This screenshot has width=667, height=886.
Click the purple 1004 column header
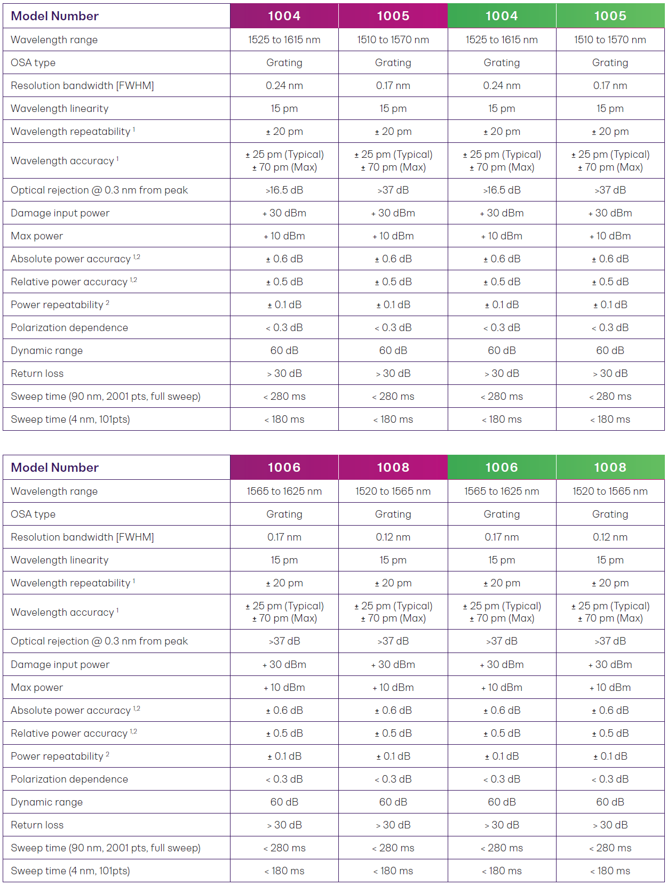tap(284, 16)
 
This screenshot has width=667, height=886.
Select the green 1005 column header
tap(610, 16)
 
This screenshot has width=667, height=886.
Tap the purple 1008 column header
tap(393, 468)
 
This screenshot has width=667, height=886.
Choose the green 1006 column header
tap(502, 468)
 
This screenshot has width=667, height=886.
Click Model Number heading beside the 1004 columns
tap(55, 16)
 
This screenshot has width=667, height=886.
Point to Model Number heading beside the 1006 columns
tap(55, 468)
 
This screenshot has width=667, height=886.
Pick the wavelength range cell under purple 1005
tap(393, 40)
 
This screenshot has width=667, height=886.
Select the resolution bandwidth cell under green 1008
tap(610, 537)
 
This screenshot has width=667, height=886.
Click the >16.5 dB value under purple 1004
tap(284, 190)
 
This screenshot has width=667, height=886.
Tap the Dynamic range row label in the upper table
tap(47, 351)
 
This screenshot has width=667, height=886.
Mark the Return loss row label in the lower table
tap(37, 825)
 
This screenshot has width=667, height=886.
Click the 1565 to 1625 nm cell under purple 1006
tap(284, 492)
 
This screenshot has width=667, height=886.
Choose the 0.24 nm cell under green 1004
tap(502, 86)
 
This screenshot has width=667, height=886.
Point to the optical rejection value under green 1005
tap(610, 190)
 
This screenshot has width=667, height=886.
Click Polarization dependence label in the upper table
tap(69, 328)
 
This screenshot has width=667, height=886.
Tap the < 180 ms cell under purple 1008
tap(393, 871)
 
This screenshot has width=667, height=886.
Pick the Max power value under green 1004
tap(502, 236)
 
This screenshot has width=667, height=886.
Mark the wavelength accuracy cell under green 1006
tap(502, 612)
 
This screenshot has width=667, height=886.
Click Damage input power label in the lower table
tap(60, 665)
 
